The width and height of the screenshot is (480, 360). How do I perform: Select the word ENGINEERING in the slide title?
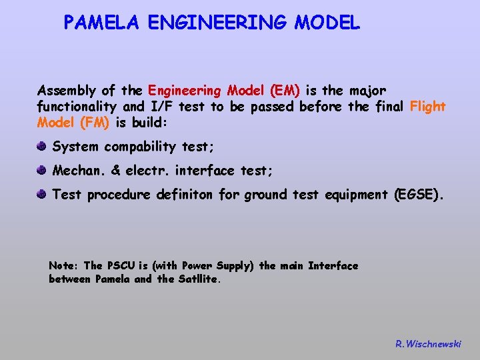tap(217, 23)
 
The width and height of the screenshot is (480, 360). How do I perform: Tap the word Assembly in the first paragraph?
tap(65, 90)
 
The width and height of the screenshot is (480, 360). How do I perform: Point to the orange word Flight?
tap(427, 107)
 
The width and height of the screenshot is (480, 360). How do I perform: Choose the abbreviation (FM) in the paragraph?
tap(96, 123)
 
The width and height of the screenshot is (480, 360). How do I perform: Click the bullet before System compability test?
tap(42, 146)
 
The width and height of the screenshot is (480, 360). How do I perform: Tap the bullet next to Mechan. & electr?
tap(42, 171)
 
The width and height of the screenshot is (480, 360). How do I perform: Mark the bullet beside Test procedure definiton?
tap(42, 194)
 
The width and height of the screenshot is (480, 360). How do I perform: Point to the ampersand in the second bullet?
tap(115, 171)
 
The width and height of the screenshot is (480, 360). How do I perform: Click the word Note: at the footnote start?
tap(64, 266)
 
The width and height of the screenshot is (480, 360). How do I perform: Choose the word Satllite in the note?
tap(199, 279)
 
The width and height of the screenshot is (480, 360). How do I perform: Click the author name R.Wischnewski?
tap(427, 344)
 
